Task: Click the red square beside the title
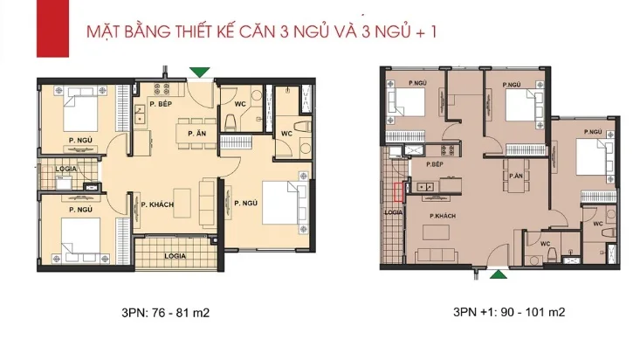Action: pyautogui.click(x=52, y=29)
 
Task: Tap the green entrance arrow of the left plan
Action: pyautogui.click(x=200, y=72)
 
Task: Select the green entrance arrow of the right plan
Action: pyautogui.click(x=498, y=274)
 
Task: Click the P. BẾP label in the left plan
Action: pyautogui.click(x=161, y=104)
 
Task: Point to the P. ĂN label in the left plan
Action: pyautogui.click(x=196, y=134)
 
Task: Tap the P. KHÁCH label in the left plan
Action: pyautogui.click(x=157, y=204)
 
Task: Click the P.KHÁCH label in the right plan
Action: pyautogui.click(x=443, y=216)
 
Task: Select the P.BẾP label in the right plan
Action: pyautogui.click(x=435, y=164)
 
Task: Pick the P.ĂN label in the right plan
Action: pyautogui.click(x=516, y=177)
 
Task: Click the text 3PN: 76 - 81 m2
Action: pyautogui.click(x=165, y=313)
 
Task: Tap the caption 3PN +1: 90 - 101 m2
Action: pyautogui.click(x=509, y=312)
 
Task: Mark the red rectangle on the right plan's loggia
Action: pyautogui.click(x=399, y=192)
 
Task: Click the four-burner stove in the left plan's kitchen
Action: pyautogui.click(x=162, y=88)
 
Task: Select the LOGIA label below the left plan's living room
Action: pyautogui.click(x=175, y=256)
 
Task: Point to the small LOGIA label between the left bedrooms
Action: pyautogui.click(x=65, y=169)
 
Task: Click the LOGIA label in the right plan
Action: pyautogui.click(x=394, y=212)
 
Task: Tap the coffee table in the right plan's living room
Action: pyautogui.click(x=436, y=232)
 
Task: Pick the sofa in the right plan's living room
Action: pyautogui.click(x=437, y=255)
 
